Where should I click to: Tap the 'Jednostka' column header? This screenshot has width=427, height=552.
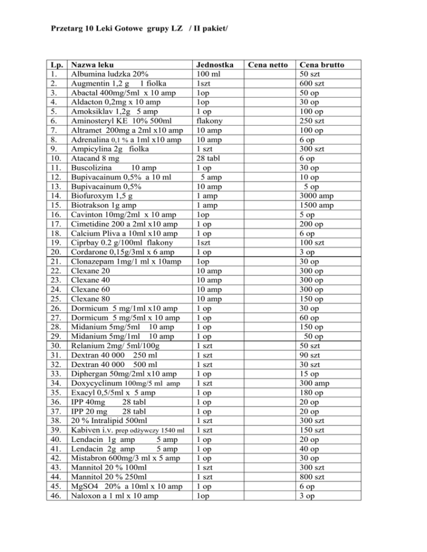click(x=212, y=65)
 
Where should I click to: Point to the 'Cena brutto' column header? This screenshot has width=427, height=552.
click(x=322, y=65)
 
